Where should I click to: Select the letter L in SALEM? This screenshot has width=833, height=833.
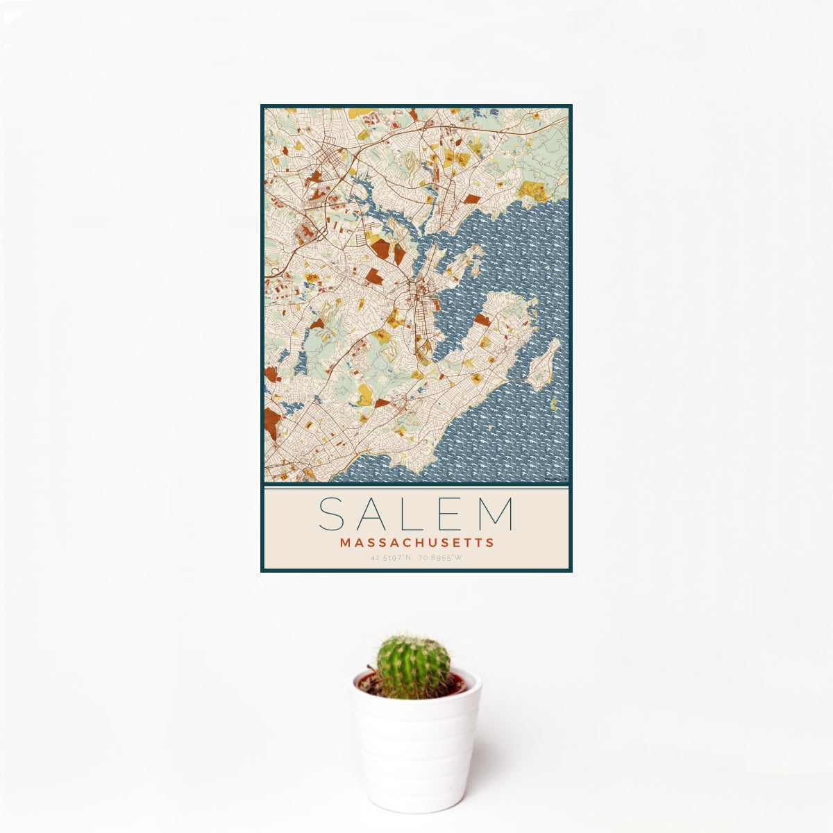pyautogui.click(x=414, y=514)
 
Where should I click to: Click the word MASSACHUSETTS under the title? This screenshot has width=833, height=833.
pyautogui.click(x=416, y=542)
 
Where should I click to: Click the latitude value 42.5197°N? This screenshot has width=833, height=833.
pyautogui.click(x=392, y=557)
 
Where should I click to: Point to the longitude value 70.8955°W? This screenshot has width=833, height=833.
pyautogui.click(x=439, y=557)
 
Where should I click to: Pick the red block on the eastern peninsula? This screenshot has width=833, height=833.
pyautogui.click(x=482, y=319)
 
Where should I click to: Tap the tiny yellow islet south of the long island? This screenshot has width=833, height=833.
pyautogui.click(x=553, y=403)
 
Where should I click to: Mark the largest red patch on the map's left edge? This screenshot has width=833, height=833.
pyautogui.click(x=271, y=423)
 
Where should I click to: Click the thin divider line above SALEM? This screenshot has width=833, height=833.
pyautogui.click(x=416, y=487)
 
